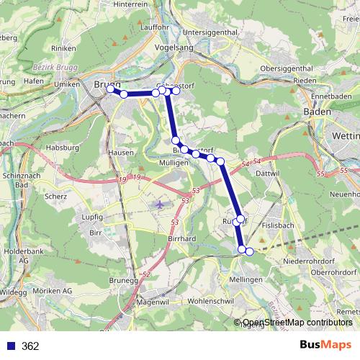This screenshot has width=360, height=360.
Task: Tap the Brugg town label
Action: (104, 84)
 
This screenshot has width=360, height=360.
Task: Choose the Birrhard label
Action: (181, 238)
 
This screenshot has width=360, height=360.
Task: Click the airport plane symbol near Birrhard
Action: (159, 204)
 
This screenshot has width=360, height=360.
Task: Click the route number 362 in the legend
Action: (30, 346)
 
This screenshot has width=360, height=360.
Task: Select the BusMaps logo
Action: (325, 346)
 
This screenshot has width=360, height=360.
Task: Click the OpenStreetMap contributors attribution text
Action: (297, 323)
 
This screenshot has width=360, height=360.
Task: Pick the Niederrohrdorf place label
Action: (311, 260)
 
